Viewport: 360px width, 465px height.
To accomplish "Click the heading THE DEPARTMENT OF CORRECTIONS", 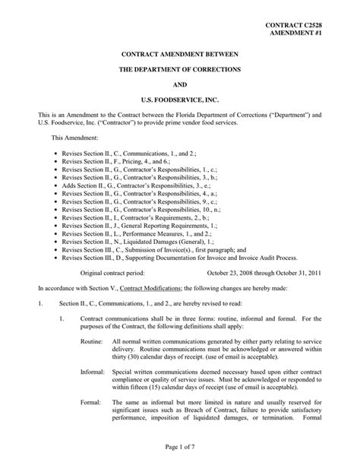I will pos(180,69).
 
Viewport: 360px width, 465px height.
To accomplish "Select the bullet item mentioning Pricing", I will pos(112,162).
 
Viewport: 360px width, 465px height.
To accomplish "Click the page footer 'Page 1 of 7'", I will pos(180,453).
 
